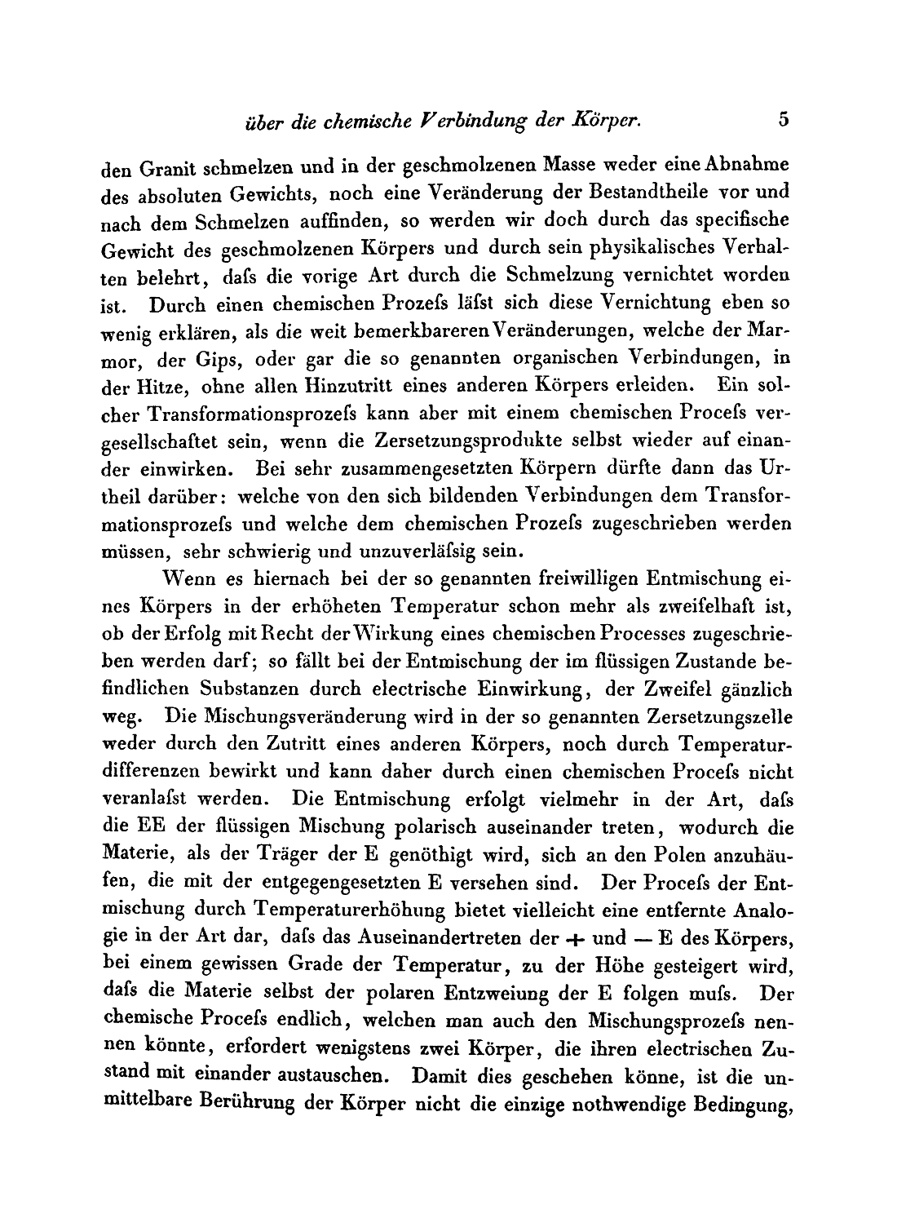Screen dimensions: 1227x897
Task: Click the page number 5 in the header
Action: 784,119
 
